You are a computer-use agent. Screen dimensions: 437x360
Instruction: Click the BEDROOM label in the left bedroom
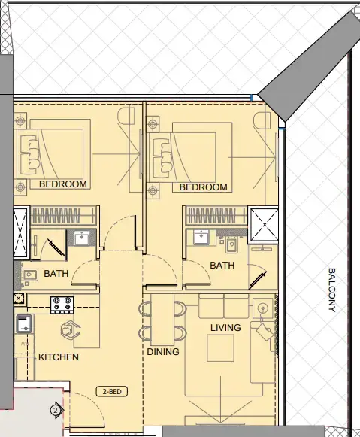click(x=63, y=184)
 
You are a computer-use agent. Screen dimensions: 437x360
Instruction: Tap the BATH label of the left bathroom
click(x=56, y=274)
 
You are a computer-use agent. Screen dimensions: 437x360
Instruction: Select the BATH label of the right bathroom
click(x=222, y=266)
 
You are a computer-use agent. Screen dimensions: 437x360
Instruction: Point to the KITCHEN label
click(x=59, y=357)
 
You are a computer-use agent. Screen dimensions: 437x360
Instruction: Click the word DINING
click(x=163, y=351)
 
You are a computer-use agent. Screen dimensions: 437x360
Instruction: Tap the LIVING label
click(x=225, y=328)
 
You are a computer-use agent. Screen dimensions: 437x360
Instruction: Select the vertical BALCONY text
click(x=331, y=290)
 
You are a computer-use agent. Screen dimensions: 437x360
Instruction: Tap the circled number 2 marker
click(x=55, y=411)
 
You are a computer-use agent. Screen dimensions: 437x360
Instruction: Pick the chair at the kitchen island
click(x=71, y=329)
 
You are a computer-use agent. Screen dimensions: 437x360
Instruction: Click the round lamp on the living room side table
click(x=262, y=308)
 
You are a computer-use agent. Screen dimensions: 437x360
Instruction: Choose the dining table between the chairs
click(x=163, y=320)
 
